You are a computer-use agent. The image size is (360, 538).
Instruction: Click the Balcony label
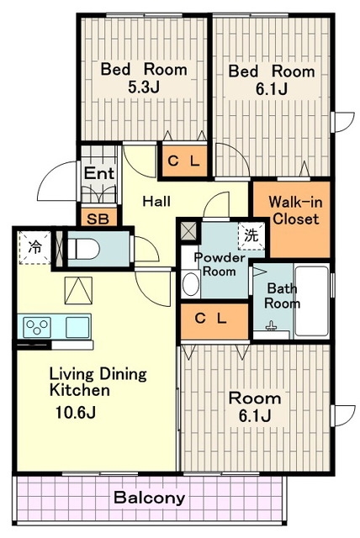pos(149,498)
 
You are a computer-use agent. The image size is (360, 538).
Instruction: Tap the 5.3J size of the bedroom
pos(144,87)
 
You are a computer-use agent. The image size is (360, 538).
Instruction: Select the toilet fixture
pos(84,249)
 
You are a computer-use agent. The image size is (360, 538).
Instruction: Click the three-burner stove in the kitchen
pos(37,327)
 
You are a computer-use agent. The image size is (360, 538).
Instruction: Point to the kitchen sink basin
pos(77,327)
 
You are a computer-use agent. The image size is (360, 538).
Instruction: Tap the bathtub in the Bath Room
pos(311,301)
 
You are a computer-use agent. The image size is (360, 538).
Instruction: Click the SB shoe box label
pos(98,219)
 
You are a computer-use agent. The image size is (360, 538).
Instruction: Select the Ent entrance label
pos(99,173)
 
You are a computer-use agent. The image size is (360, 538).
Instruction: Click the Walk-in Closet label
pos(295,210)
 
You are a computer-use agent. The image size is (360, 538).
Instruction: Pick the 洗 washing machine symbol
pos(251,236)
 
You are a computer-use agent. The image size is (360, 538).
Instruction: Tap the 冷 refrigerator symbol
pos(34,247)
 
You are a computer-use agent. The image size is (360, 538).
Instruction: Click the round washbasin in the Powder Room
pos(190,284)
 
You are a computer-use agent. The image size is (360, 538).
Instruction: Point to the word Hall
pos(156,201)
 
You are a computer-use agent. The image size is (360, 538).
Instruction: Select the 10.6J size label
pos(75,413)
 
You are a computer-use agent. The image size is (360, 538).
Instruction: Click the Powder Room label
pos(220,264)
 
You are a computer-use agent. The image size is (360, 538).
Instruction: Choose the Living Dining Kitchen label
pos(98,382)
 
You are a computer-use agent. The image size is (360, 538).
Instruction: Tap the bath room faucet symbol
pos(271,326)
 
